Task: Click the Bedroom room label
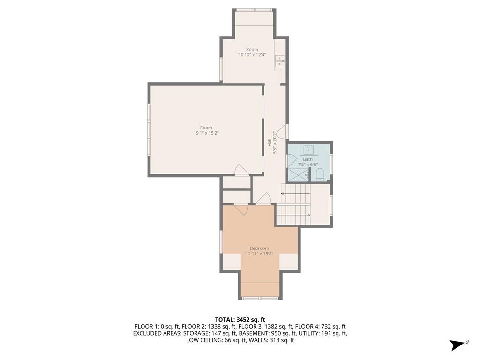click(x=259, y=248)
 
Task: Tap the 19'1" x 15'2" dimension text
click(x=206, y=133)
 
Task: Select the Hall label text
click(x=269, y=142)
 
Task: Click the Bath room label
click(x=307, y=159)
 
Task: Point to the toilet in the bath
click(x=320, y=174)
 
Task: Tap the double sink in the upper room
click(x=279, y=61)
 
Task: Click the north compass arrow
click(x=457, y=345)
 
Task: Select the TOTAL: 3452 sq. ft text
click(x=240, y=320)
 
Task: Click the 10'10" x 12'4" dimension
click(x=252, y=55)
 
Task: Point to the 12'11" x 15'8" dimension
click(x=259, y=254)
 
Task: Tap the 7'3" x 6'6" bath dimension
click(x=307, y=165)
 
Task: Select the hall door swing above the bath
click(x=282, y=132)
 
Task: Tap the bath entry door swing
click(x=291, y=160)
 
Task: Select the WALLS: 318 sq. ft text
click(x=271, y=340)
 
